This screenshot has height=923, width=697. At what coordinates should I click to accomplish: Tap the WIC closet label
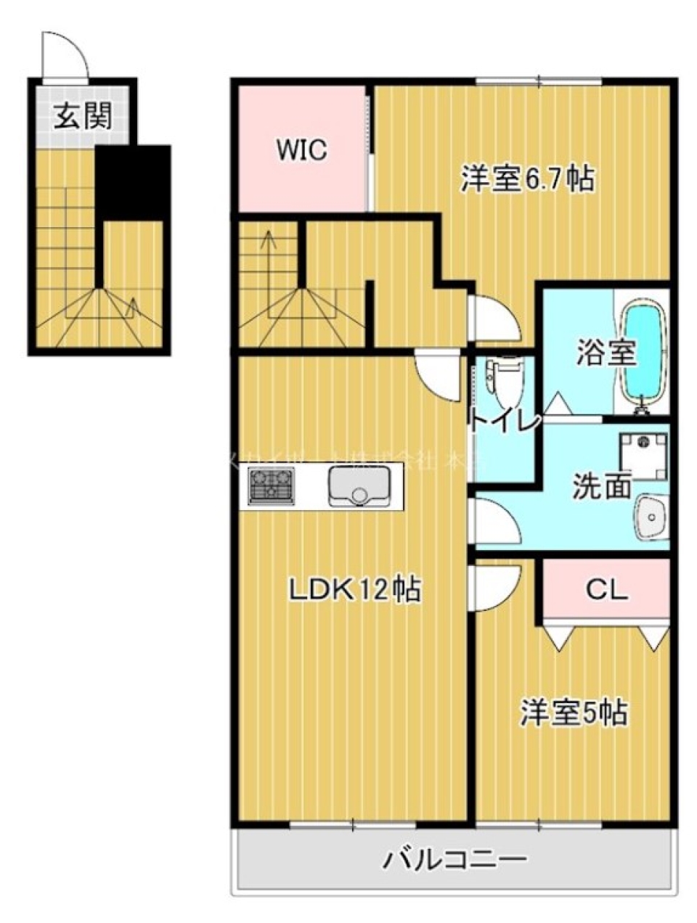(301, 150)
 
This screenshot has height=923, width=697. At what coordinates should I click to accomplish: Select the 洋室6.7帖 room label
(528, 178)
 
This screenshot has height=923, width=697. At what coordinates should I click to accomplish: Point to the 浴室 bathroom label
(606, 353)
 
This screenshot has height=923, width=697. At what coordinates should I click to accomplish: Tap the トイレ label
(505, 422)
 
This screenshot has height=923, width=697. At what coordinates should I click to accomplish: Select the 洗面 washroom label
(602, 487)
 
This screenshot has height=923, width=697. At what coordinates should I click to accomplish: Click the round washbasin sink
(652, 517)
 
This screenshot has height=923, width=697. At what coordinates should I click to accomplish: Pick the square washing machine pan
(642, 455)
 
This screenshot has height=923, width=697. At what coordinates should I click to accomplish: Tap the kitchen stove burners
(272, 485)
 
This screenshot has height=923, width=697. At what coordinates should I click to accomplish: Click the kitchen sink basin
(359, 486)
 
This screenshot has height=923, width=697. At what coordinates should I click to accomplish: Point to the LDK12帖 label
(355, 591)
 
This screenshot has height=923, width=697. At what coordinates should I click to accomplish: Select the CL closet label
(606, 591)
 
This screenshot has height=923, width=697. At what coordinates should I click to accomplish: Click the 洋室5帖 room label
(574, 713)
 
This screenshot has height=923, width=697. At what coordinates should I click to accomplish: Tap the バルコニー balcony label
(455, 862)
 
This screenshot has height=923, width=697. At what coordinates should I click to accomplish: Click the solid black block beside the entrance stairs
(133, 181)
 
